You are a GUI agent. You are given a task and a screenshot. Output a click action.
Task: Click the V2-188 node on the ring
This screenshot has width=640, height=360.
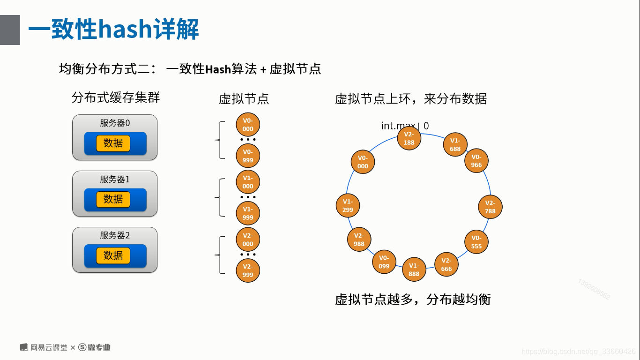coord(409,138)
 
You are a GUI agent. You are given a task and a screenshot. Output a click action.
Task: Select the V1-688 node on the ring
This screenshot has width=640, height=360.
coord(455,144)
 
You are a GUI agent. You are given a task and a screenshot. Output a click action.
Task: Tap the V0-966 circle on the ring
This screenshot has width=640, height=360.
coord(476,161)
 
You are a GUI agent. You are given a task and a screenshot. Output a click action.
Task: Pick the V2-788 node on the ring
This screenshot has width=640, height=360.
coord(490,207)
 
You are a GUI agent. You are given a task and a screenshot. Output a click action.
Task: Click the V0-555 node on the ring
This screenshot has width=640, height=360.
coord(476,242)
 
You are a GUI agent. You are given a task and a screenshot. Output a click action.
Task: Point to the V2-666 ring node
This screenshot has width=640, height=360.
coord(447,264)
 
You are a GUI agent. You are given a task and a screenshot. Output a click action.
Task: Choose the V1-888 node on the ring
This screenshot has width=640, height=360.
coord(414,270)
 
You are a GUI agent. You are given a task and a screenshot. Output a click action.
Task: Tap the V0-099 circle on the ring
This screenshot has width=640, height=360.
coord(384,262)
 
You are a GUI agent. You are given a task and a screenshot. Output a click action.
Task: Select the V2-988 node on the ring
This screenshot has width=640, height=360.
coord(359,240)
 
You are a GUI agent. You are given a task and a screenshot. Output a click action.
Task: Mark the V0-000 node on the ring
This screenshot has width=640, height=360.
coord(363,162)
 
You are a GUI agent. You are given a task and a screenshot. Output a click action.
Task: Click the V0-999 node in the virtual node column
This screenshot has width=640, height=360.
coord(248,156)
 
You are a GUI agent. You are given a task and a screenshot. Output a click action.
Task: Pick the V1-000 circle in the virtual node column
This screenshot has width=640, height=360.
coord(248,182)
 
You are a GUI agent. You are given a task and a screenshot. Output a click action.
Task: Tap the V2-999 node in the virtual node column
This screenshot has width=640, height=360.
coord(248,270)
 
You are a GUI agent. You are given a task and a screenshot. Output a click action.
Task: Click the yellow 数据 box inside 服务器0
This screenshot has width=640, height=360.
coord(113,143)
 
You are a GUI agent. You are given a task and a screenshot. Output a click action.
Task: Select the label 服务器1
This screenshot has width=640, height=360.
coord(115,179)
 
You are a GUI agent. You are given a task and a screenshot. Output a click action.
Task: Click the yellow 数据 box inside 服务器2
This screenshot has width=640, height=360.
coord(113,255)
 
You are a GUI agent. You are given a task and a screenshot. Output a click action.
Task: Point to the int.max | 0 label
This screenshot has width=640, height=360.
coord(405,126)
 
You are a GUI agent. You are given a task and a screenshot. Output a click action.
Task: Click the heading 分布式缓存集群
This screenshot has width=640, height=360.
coord(116,97)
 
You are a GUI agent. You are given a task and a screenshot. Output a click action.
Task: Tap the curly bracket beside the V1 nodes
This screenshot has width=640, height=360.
coord(219,197)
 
